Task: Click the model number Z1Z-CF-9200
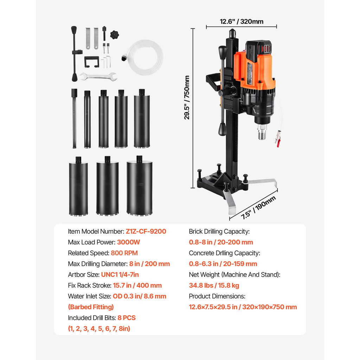point(146,231)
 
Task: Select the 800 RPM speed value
point(124,253)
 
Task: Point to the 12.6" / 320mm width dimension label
point(242,21)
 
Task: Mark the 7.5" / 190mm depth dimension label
point(258,207)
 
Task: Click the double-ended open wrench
point(98,76)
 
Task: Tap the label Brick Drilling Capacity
point(219,231)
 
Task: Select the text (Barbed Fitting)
point(91,307)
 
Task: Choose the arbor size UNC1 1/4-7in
point(122,275)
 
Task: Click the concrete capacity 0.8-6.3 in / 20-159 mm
point(223,264)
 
